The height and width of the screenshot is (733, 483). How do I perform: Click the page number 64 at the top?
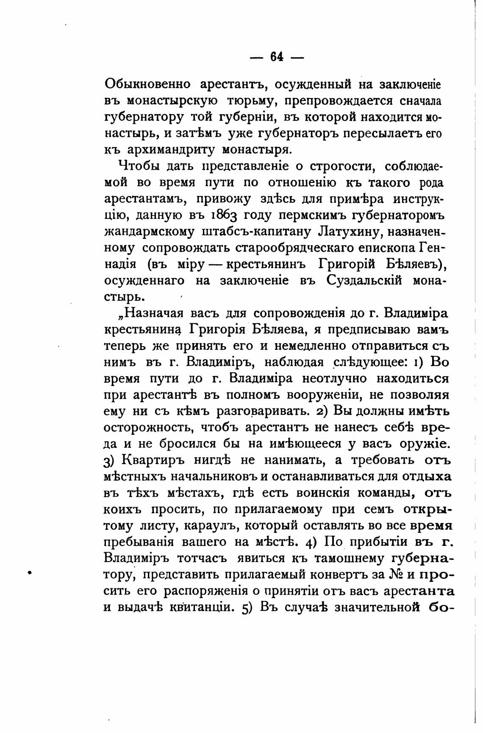tap(277, 56)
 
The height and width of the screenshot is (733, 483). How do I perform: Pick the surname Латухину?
tap(347, 232)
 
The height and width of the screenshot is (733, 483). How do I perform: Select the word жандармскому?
tap(150, 232)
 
